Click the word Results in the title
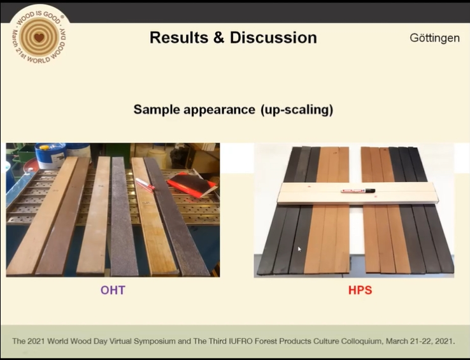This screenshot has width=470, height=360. tap(179, 38)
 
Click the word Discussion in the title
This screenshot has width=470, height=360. tap(273, 38)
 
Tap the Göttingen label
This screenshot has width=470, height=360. tap(434, 38)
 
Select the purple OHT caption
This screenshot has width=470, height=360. tap(113, 290)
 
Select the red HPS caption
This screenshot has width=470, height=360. tap(360, 290)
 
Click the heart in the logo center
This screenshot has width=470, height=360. tap(39, 38)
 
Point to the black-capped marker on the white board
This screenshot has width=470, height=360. tap(358, 191)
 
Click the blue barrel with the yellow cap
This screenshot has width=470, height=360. tap(50, 155)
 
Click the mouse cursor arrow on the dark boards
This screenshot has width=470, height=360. tap(299, 249)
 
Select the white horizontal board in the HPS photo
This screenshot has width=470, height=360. tap(358, 193)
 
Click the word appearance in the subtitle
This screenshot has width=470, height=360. tap(219, 110)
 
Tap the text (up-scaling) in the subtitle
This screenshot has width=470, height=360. tap(297, 110)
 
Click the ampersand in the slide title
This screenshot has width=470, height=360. tap(219, 38)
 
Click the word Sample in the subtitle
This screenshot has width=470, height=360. tap(157, 110)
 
